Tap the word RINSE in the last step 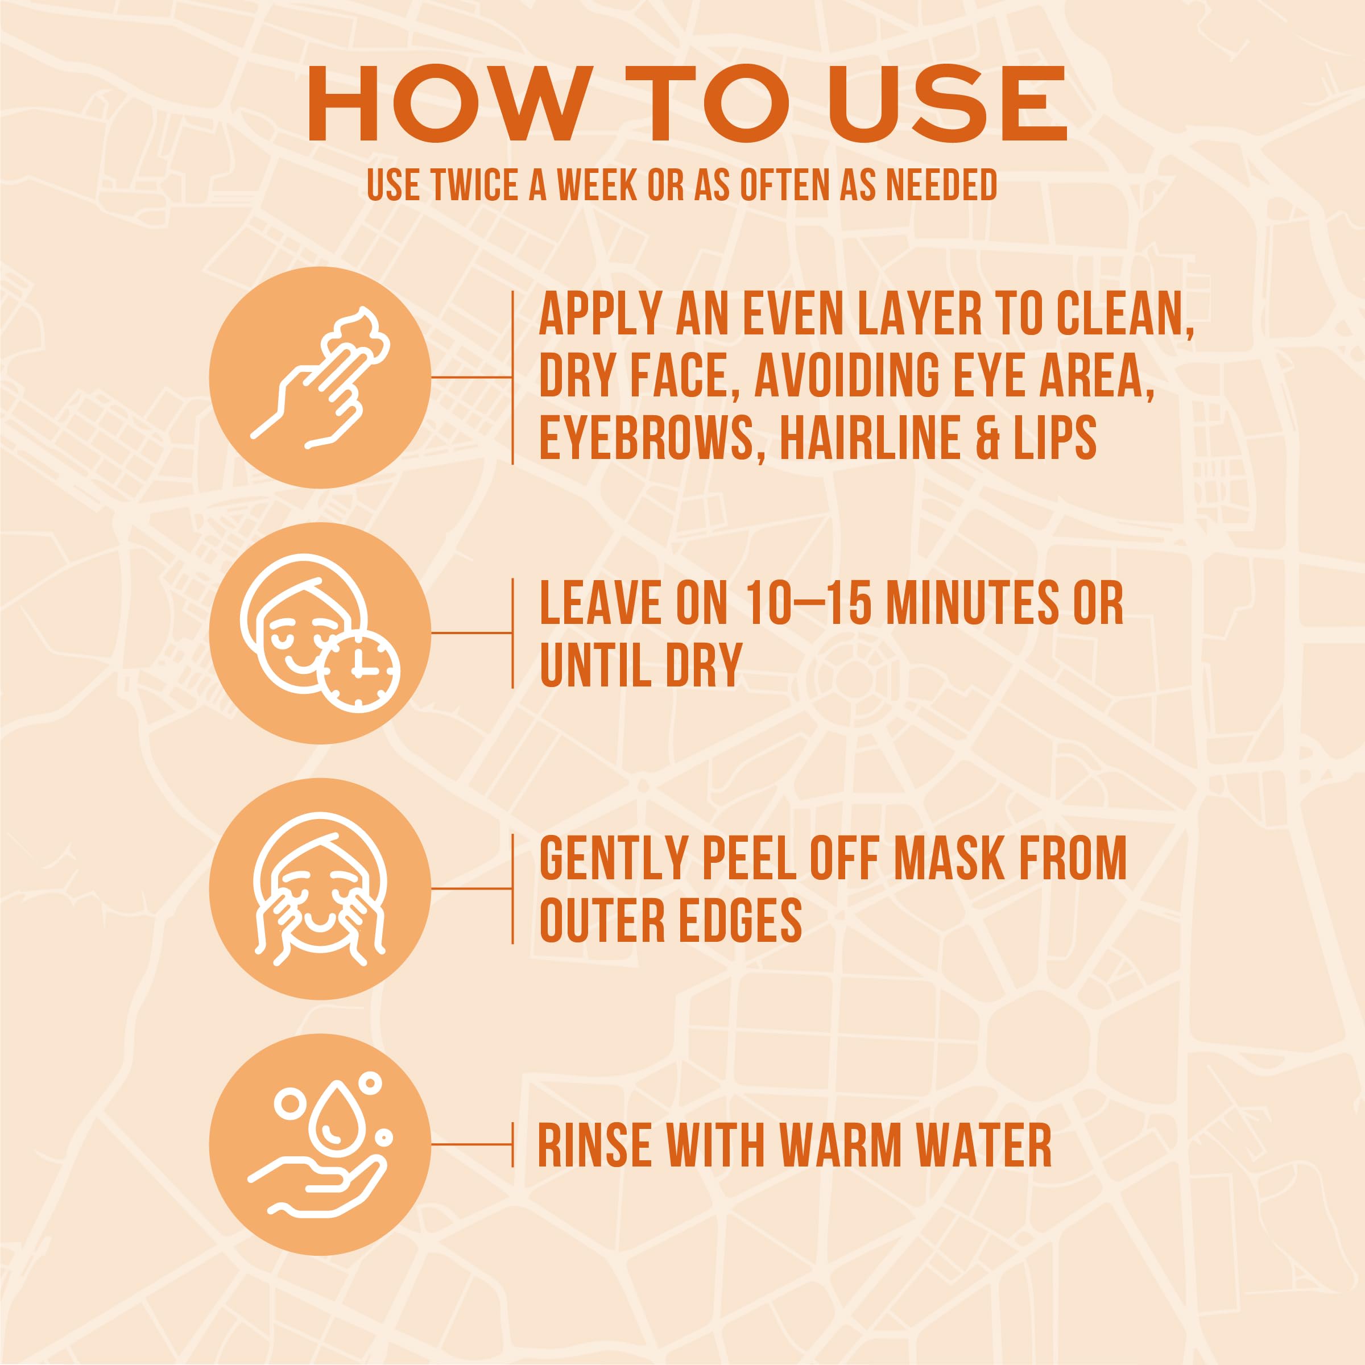(x=594, y=1145)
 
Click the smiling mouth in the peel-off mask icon (x=320, y=921)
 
